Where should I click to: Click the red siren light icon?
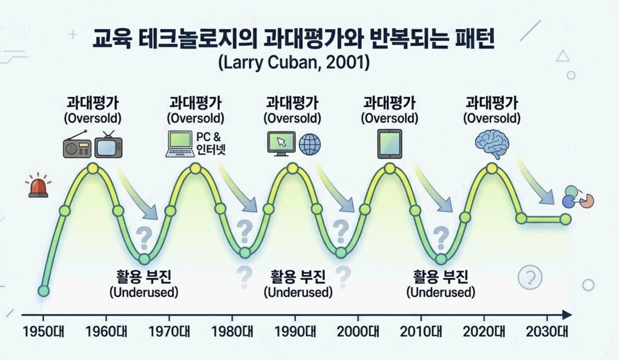point(38,187)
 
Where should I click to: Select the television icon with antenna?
point(109,145)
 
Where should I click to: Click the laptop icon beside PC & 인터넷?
point(180,144)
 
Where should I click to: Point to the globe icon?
point(310,144)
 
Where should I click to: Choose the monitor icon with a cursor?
point(281,143)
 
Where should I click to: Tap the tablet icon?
point(390,144)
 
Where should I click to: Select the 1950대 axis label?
point(43,331)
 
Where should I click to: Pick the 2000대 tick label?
point(358,331)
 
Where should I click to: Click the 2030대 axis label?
point(547,331)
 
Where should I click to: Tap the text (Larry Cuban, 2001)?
point(294,62)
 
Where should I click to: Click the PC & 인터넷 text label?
point(210,143)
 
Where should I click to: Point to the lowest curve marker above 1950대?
point(43,291)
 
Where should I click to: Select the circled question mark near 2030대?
point(530,277)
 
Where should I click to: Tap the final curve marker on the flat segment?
point(566,219)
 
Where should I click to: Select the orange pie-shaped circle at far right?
point(587,201)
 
